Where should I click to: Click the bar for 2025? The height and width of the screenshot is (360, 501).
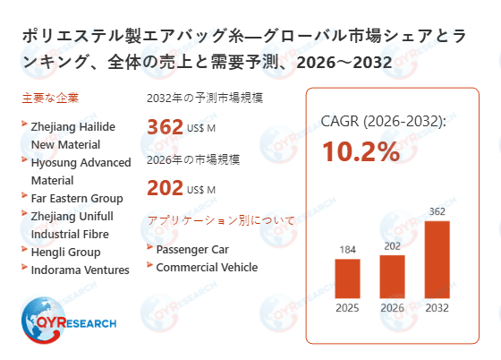[x=347, y=279]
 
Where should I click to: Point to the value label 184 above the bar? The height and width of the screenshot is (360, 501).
[x=347, y=249]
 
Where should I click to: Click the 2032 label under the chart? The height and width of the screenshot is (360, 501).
[x=437, y=310]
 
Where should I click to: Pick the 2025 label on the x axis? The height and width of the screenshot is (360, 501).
[x=347, y=310]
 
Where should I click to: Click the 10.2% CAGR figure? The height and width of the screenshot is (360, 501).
[x=361, y=151]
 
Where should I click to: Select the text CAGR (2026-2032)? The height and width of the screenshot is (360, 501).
[x=383, y=121]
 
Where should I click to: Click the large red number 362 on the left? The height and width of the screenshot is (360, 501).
[x=165, y=127]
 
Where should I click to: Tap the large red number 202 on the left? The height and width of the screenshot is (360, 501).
[x=165, y=188]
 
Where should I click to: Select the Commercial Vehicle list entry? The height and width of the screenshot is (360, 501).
[x=206, y=267]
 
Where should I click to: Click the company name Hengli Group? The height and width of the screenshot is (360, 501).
[x=65, y=252]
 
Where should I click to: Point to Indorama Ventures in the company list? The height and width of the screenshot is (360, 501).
[x=80, y=270]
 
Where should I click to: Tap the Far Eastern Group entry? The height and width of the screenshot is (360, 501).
[x=77, y=198]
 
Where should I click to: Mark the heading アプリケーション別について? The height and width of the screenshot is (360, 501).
[x=214, y=220]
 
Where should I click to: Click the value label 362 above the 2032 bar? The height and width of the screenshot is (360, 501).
[x=437, y=211]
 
